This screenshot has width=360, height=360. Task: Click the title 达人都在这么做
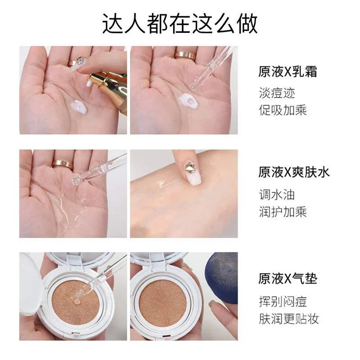(180, 23)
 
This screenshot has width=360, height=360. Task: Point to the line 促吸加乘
(283, 110)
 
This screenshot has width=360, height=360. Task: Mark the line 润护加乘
(283, 211)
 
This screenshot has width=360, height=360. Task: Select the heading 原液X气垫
(288, 279)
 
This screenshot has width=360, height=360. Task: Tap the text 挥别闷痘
(283, 301)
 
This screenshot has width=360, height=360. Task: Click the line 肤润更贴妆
(288, 319)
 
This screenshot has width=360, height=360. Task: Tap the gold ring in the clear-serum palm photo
(62, 164)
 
